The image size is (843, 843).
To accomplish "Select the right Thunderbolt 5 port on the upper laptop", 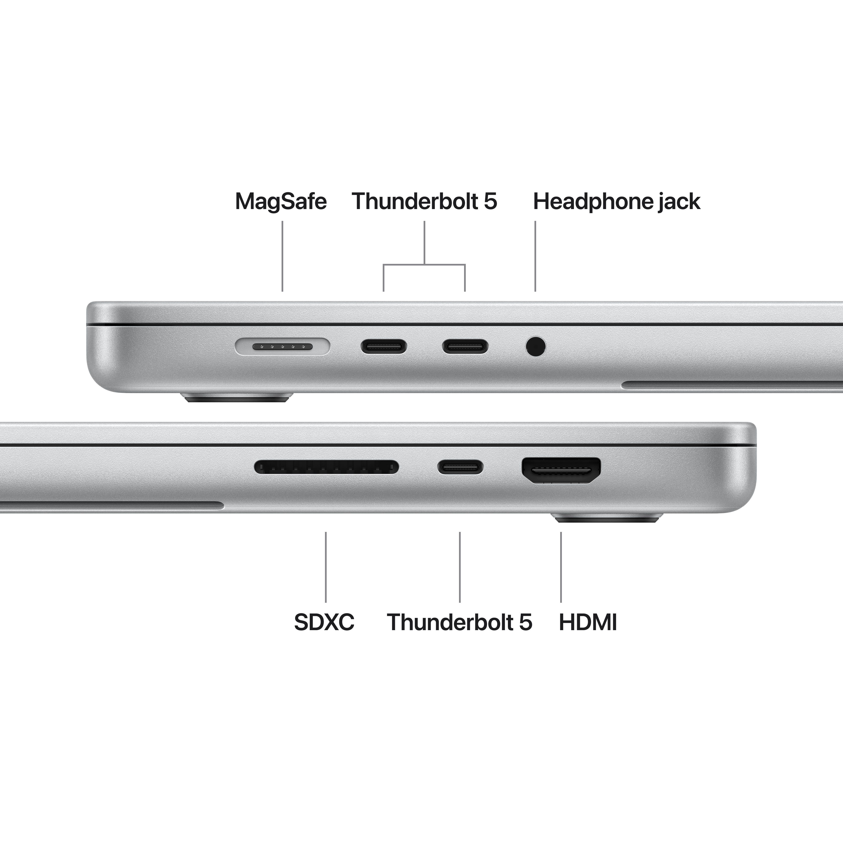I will click(x=465, y=347).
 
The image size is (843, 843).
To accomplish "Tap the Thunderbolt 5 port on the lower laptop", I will click(x=460, y=467).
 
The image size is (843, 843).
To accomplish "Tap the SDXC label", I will click(x=324, y=622).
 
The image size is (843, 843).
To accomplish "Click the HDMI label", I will click(x=588, y=622).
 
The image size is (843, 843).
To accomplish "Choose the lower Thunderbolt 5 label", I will click(x=459, y=622).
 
